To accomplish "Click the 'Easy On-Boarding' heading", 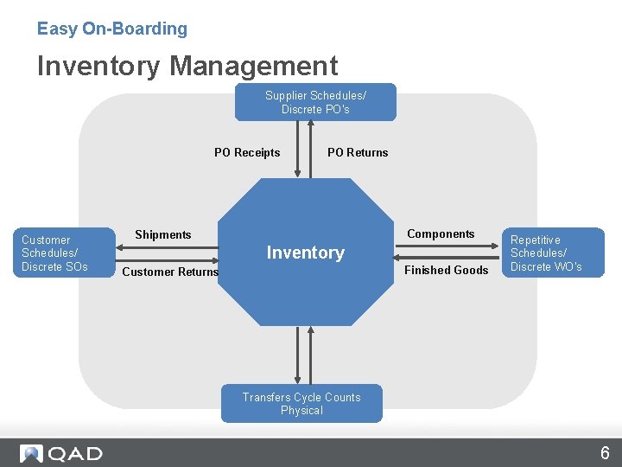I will [111, 29].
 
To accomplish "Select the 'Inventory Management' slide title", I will [187, 66].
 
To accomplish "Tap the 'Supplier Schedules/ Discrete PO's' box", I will [315, 102].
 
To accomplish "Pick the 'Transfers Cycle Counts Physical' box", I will [301, 404].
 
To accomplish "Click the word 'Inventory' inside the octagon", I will [305, 253].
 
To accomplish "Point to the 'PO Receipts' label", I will [247, 153].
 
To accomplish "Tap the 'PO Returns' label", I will [358, 153].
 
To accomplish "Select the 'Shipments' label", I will [163, 234].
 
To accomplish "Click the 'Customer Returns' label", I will [170, 272].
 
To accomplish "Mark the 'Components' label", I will [441, 233].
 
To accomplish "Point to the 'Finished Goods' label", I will [447, 270].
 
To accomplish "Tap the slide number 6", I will [605, 453].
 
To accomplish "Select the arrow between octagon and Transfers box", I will [302, 355].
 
